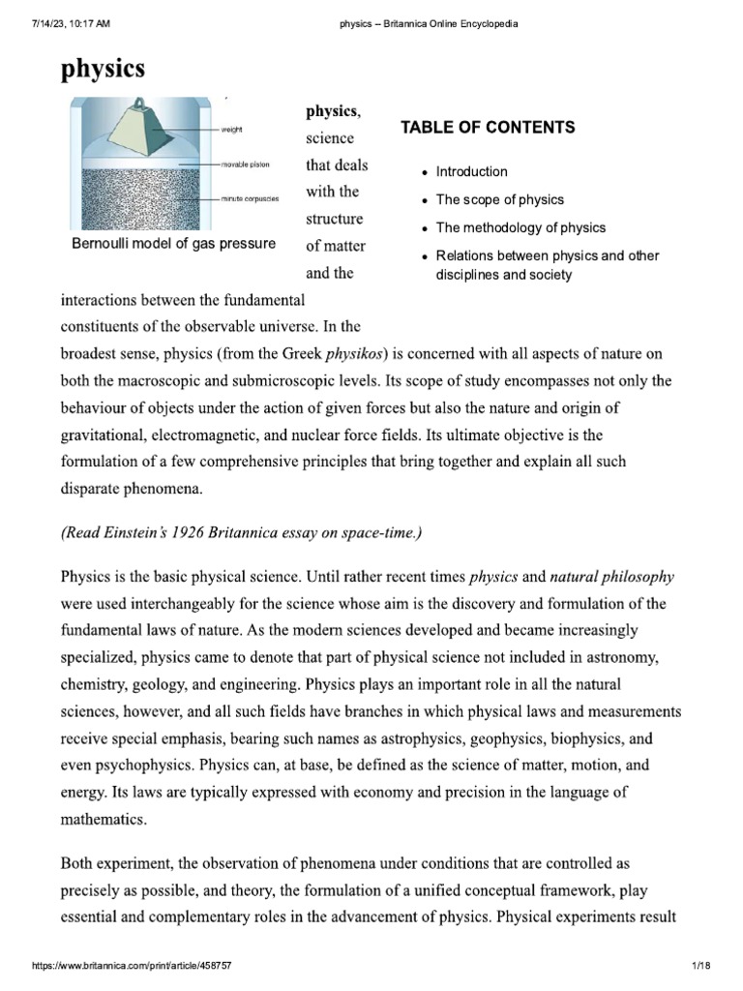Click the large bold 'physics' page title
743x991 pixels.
104,69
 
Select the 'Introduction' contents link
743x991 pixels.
471,171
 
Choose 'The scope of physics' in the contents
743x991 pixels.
500,199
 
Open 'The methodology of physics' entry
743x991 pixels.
520,227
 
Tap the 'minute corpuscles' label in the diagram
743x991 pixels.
250,197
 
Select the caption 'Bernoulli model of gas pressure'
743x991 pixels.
173,243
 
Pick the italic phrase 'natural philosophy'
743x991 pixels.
612,577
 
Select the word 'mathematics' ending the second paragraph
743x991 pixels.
104,819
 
